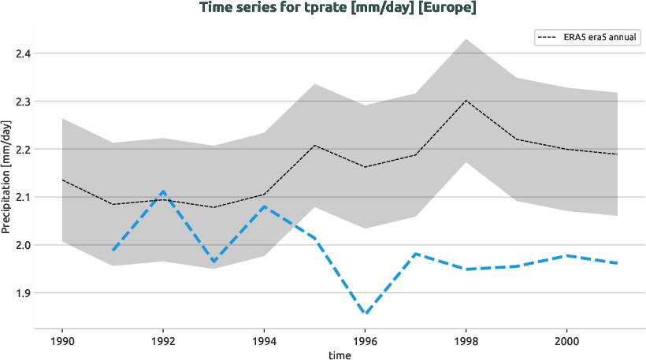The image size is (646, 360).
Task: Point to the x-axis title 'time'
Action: (340, 355)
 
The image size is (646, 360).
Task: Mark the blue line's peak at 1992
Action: (162, 191)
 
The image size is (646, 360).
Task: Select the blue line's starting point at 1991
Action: (113, 251)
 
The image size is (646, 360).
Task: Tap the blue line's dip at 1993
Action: (213, 262)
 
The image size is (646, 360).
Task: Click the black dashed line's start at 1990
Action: (62, 180)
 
